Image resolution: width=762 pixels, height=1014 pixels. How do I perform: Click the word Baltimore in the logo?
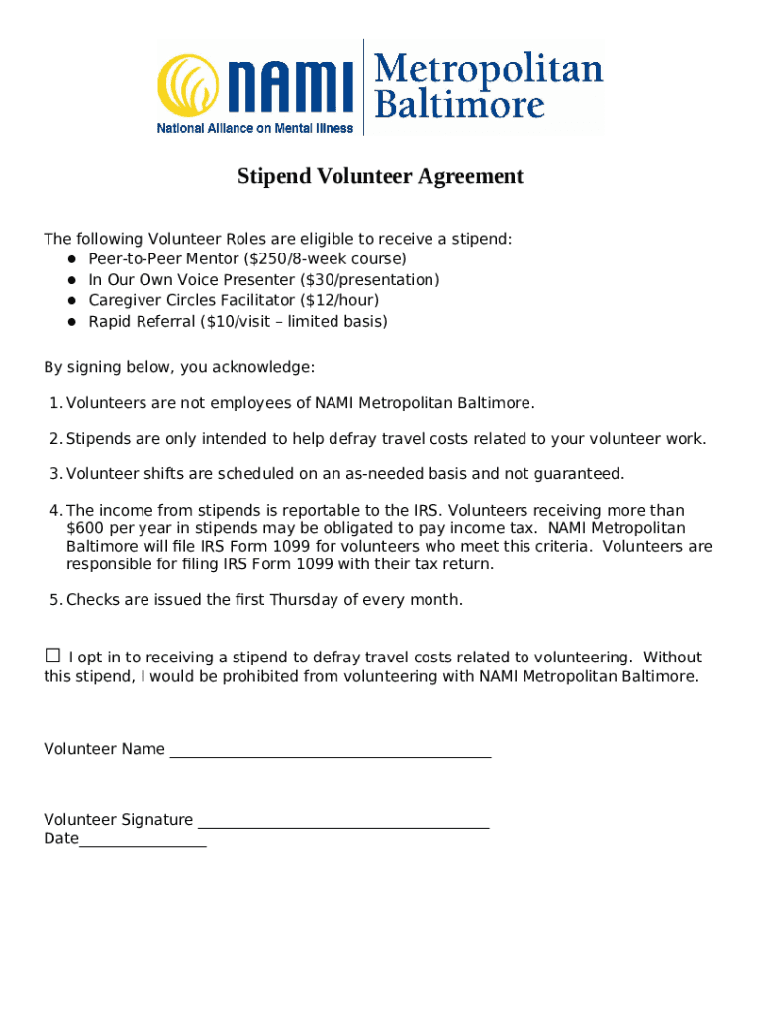coord(460,104)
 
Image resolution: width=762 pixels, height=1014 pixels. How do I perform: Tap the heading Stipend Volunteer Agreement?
coord(380,177)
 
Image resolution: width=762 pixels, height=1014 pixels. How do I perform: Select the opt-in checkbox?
coord(52,656)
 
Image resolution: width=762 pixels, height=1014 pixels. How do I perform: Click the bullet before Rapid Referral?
coord(72,322)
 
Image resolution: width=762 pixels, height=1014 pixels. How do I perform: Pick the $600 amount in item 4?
coord(84,529)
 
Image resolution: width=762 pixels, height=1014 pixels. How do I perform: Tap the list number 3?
coord(54,474)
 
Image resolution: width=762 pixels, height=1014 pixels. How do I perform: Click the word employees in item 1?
coord(251,403)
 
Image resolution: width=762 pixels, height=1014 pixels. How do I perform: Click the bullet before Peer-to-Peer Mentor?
coord(72,259)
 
